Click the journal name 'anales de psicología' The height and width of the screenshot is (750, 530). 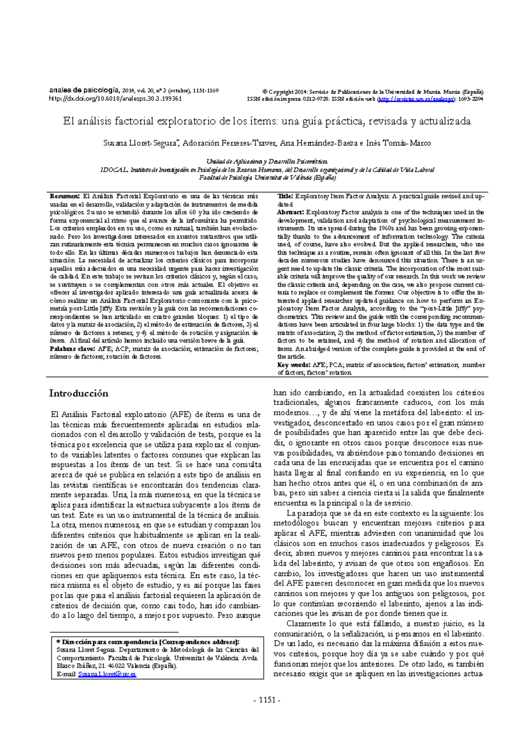[84, 90]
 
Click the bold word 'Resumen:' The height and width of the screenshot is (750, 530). [64, 196]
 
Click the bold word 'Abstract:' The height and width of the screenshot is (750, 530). [291, 212]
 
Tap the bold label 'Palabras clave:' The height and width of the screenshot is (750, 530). [72, 349]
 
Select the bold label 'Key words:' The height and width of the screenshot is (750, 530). [294, 365]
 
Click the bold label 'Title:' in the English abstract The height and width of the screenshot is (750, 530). [285, 196]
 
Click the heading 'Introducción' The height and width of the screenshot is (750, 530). [79, 393]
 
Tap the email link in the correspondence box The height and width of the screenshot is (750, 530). [107, 674]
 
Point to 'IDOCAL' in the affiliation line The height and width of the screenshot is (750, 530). [114, 170]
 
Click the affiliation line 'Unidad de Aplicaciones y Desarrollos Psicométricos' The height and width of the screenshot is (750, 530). [267, 161]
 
